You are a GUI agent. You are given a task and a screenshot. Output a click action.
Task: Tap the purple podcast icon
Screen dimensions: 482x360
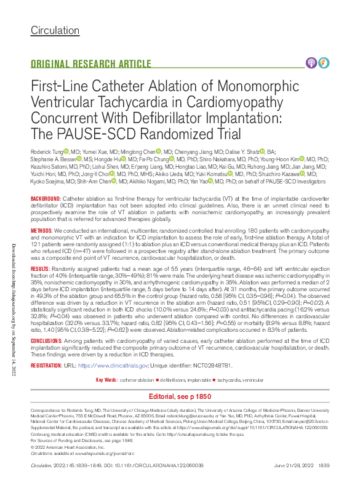coord(311,62)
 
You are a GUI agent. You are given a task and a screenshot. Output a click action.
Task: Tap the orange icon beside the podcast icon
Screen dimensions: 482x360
coord(324,62)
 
